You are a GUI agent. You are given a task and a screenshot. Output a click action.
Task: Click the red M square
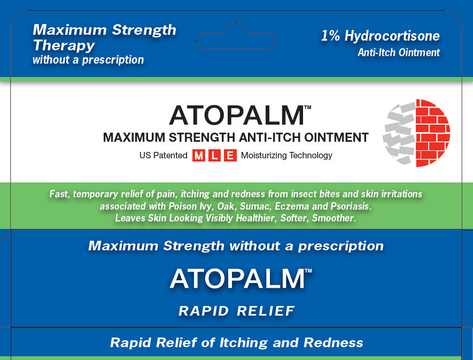tap(198, 156)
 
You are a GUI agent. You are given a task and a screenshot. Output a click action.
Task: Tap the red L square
tap(214, 156)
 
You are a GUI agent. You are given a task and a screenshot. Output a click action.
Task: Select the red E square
tap(230, 156)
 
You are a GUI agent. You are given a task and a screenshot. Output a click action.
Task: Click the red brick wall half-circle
tap(433, 133)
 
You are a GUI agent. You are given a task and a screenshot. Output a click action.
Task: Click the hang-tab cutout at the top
tap(236, 36)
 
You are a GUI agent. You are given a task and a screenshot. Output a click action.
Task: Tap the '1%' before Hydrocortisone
tap(330, 36)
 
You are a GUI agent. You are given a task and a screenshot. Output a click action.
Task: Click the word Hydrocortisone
tap(392, 36)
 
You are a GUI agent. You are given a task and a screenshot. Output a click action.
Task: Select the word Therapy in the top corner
tap(64, 45)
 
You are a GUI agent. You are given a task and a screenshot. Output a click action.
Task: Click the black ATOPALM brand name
tap(237, 116)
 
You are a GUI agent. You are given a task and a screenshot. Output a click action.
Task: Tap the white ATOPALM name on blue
tap(237, 279)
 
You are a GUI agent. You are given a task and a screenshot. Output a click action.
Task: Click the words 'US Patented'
tap(163, 155)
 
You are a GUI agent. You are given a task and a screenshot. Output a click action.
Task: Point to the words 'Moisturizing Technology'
tap(286, 156)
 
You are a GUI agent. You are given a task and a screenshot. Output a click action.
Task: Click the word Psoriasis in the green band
tap(351, 206)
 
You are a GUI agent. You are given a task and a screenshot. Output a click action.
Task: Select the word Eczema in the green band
tap(292, 206)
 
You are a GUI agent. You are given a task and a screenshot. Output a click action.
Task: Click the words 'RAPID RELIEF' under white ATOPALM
tap(236, 311)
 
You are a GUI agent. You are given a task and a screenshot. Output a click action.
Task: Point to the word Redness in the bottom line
tap(334, 342)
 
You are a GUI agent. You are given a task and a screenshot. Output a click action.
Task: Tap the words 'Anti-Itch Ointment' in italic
tap(399, 52)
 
